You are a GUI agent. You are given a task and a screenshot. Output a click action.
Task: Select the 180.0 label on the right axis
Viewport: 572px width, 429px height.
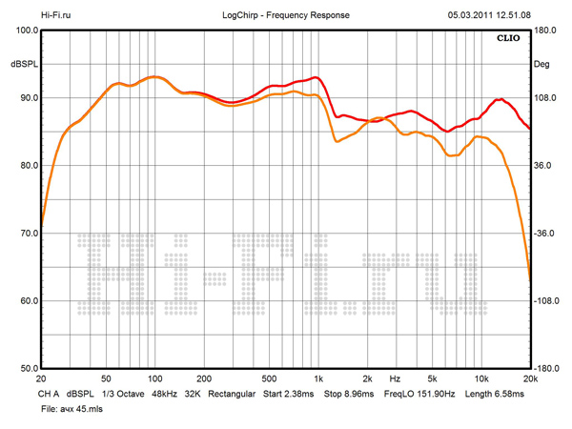(x=546, y=31)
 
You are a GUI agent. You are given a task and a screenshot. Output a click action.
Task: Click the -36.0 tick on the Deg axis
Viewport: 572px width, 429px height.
(x=546, y=233)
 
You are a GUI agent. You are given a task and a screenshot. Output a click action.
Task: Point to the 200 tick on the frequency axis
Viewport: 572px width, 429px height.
(x=203, y=378)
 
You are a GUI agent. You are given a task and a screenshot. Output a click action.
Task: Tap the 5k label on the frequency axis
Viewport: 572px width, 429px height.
(x=432, y=378)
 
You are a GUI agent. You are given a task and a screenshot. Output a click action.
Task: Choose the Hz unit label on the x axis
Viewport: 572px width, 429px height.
(x=394, y=378)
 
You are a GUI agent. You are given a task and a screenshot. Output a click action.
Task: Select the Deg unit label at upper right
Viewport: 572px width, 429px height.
(x=542, y=64)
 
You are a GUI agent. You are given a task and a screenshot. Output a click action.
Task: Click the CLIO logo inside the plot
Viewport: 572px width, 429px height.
(x=508, y=39)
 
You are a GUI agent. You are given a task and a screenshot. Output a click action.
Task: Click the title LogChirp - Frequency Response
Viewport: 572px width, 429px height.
(x=285, y=15)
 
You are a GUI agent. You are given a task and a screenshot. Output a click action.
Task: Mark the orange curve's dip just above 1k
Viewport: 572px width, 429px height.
(x=337, y=141)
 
